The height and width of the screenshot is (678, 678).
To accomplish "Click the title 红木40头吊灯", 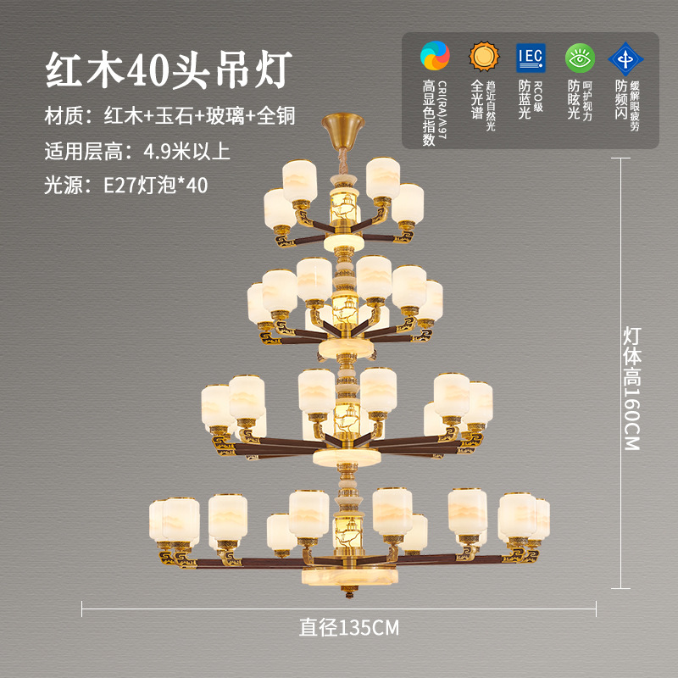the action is click(169, 69).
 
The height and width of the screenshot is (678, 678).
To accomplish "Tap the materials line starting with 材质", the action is click(169, 115).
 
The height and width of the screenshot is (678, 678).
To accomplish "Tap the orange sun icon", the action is click(483, 56).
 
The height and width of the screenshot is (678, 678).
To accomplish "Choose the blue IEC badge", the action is click(531, 56).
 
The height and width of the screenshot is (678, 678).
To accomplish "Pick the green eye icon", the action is click(580, 56).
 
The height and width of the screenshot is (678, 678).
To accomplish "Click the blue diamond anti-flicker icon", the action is click(626, 56).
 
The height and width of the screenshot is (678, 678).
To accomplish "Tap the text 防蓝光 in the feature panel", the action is click(525, 100).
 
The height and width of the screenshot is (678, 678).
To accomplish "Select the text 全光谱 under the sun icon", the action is click(477, 100).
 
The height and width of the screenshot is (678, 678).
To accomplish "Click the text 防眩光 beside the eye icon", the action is click(574, 100).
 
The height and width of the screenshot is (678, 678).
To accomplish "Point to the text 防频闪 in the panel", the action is click(622, 100).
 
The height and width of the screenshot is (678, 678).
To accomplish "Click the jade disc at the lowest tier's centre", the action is click(346, 575).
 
